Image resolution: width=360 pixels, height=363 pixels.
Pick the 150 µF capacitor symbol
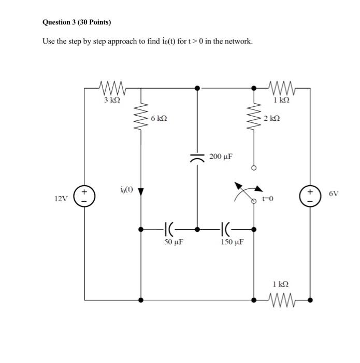[x=226, y=228]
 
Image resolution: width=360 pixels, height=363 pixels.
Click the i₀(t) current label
[x=126, y=190]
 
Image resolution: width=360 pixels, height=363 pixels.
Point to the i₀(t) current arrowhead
[x=141, y=192]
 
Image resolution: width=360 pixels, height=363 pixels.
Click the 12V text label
[x=61, y=199]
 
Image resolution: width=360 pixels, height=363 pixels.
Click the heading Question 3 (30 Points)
[x=77, y=22]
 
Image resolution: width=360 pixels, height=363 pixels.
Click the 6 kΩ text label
[x=160, y=119]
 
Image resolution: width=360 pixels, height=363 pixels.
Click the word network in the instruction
[x=238, y=41]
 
